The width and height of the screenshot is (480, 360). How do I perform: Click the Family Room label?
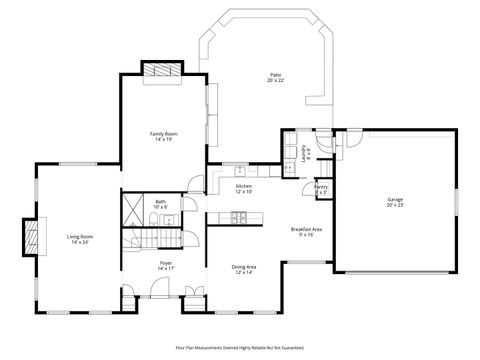pyautogui.click(x=164, y=133)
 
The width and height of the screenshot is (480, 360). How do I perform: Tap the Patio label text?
pyautogui.click(x=275, y=74)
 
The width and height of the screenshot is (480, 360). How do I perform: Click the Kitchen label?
pyautogui.click(x=244, y=186)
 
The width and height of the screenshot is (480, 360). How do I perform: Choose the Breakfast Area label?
pyautogui.click(x=306, y=229)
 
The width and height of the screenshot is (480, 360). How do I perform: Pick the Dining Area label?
pyautogui.click(x=244, y=267)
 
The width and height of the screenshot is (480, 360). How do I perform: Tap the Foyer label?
pyautogui.click(x=166, y=264)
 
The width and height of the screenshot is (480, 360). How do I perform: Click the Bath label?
pyautogui.click(x=161, y=202)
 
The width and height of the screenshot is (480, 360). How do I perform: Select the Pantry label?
pyautogui.click(x=321, y=187)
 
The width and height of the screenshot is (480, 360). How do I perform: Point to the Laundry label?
pyautogui.click(x=306, y=152)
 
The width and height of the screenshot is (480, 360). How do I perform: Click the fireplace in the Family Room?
pyautogui.click(x=161, y=71)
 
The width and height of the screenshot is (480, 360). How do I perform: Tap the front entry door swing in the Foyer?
pyautogui.click(x=158, y=290)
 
